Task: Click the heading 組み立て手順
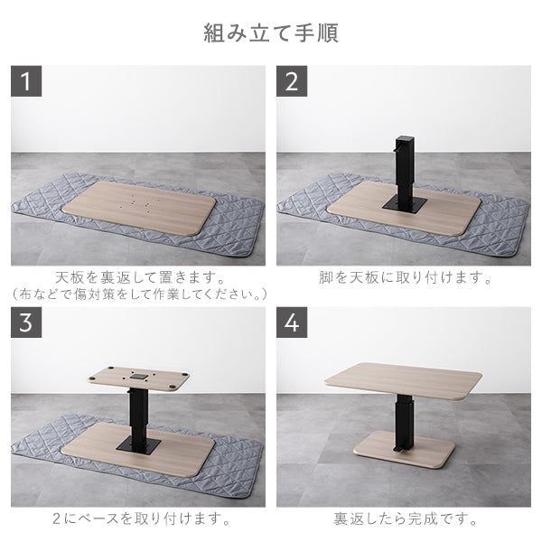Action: point(271,33)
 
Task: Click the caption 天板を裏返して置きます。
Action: point(137,277)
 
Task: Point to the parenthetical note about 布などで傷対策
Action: point(137,294)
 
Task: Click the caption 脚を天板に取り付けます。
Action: point(403,277)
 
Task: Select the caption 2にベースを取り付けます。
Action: point(137,519)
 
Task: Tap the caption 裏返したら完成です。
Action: point(403,519)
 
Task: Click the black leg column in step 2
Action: point(403,167)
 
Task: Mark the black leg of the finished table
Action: point(401,420)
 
